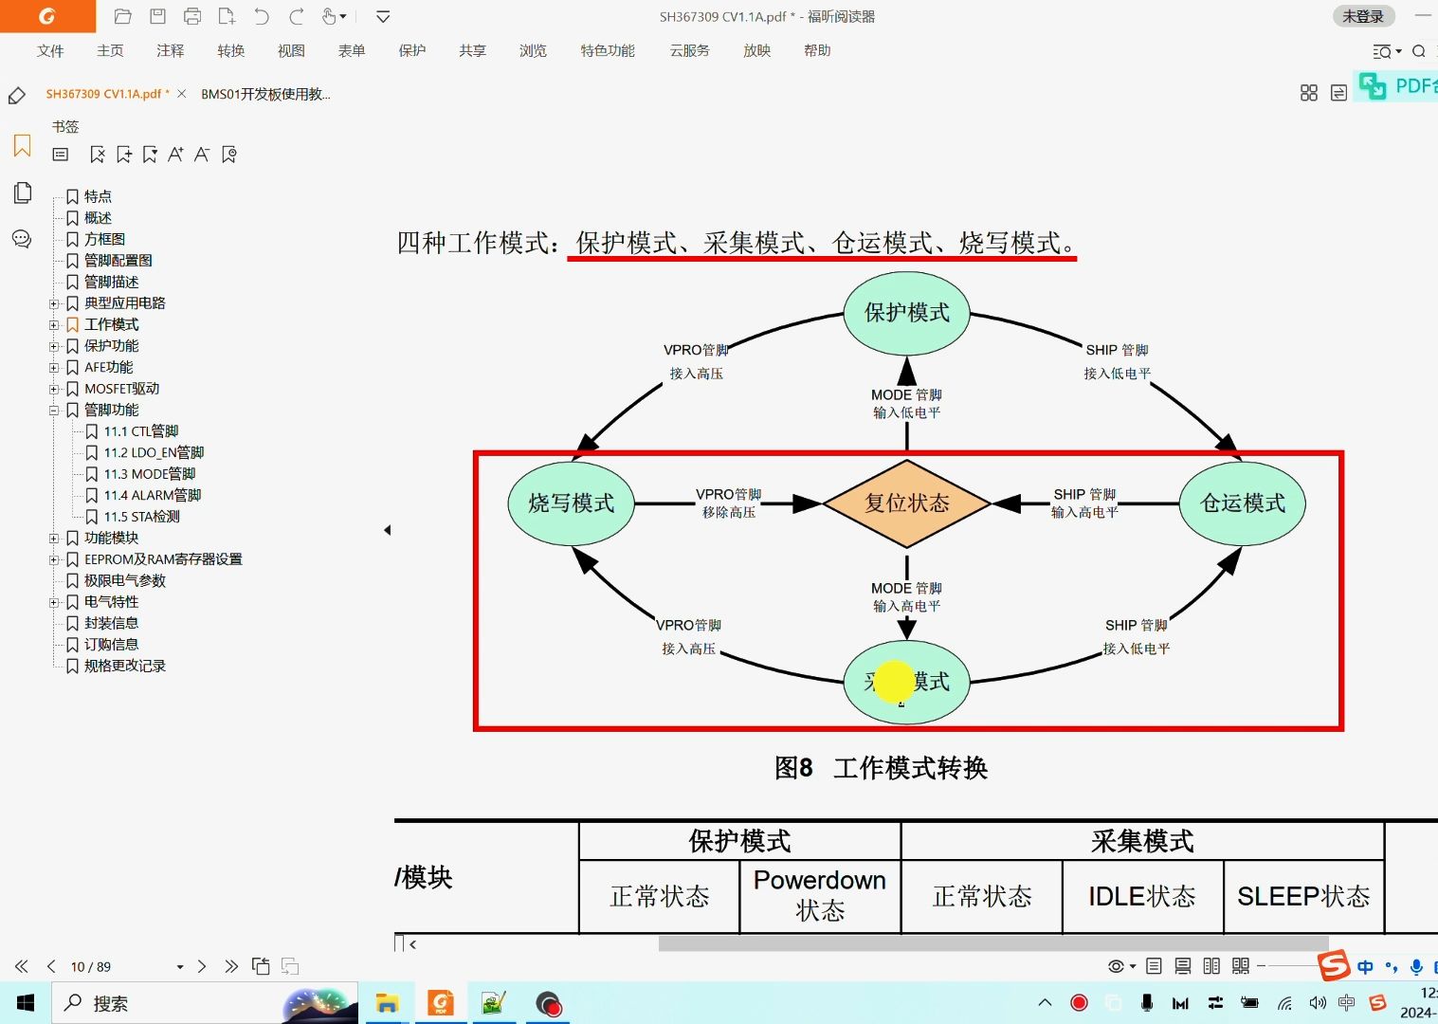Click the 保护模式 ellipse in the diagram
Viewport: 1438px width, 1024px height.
(x=906, y=313)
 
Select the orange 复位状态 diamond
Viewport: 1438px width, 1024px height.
(x=906, y=503)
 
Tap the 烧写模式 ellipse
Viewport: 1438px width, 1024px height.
(x=571, y=503)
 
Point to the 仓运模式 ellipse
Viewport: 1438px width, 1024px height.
(x=1242, y=503)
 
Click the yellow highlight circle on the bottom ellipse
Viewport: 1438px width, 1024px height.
(x=894, y=682)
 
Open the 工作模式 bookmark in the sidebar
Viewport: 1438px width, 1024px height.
(x=111, y=324)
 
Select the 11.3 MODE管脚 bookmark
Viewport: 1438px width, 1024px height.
(x=149, y=474)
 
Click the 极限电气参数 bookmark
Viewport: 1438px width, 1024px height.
(x=124, y=580)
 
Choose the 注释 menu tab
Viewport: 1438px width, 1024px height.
(x=171, y=51)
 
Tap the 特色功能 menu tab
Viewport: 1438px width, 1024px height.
(x=608, y=51)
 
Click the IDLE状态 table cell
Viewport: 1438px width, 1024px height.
(x=1142, y=897)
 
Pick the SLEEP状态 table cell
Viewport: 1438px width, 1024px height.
(x=1303, y=897)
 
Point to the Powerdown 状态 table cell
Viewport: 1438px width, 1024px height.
(x=820, y=896)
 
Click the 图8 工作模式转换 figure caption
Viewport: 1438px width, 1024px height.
(x=881, y=768)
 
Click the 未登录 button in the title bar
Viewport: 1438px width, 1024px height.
(x=1363, y=16)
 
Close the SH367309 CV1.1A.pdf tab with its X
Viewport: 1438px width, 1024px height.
(x=181, y=94)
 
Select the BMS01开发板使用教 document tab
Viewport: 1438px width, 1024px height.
(x=265, y=94)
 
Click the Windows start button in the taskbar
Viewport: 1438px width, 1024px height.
(x=26, y=1003)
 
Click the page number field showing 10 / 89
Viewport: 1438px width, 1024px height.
(x=91, y=967)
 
